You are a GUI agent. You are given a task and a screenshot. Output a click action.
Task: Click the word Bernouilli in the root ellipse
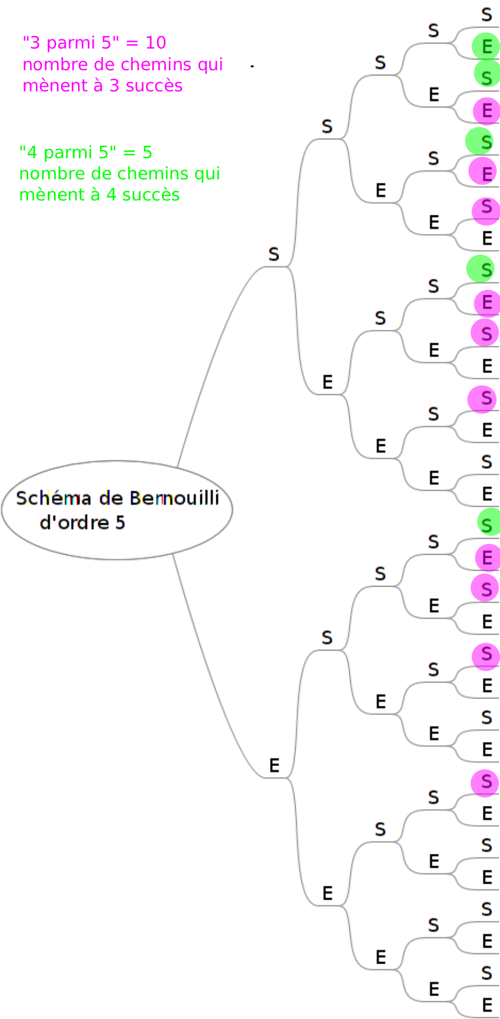[174, 499]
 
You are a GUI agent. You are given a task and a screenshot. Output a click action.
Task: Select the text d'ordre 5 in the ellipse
[83, 523]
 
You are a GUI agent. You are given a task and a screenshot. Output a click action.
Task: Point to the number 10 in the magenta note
[155, 43]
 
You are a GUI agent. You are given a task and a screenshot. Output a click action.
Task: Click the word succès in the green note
[155, 195]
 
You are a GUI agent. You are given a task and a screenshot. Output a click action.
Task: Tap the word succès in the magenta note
[158, 86]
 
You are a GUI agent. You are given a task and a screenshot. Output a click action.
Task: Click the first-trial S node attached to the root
[274, 254]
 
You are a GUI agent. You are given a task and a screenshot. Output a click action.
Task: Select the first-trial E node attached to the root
[274, 765]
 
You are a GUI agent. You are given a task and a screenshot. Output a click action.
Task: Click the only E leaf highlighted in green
[486, 46]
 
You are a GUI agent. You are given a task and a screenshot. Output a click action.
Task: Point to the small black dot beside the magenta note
[252, 66]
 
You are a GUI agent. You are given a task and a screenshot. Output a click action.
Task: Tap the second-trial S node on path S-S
[327, 126]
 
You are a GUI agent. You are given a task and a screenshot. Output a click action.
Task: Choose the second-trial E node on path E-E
[327, 893]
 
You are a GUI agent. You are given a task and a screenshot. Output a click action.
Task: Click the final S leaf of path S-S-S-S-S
[486, 15]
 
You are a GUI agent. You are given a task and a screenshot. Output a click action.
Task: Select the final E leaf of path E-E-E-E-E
[486, 1004]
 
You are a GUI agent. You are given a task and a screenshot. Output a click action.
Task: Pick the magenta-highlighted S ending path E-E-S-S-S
[486, 781]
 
